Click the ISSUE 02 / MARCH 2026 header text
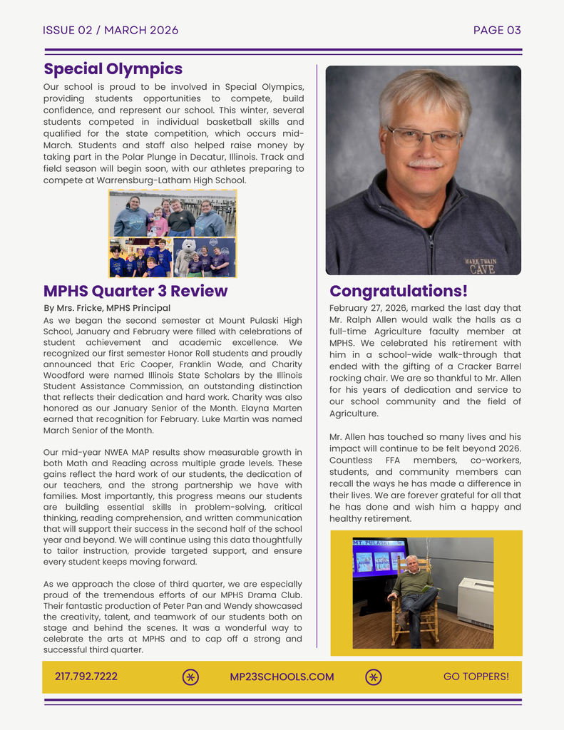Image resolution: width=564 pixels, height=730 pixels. click(111, 30)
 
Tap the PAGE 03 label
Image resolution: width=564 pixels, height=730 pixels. click(497, 30)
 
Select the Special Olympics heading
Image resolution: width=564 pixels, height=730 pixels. click(113, 69)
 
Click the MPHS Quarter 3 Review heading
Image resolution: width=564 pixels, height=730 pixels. click(135, 291)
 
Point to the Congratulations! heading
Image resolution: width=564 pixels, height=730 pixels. click(399, 291)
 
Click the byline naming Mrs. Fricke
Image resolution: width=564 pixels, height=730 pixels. click(107, 308)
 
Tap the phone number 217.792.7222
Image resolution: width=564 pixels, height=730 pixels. click(86, 677)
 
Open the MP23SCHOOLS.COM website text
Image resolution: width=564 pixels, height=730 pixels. click(282, 677)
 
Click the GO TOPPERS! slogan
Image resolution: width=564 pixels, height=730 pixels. click(476, 677)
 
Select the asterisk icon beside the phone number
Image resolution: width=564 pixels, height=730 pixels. click(190, 677)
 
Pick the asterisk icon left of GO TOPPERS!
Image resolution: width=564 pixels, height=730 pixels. click(374, 677)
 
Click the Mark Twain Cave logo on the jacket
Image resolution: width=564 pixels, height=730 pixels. click(482, 266)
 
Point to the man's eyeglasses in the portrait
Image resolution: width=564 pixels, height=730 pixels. click(424, 137)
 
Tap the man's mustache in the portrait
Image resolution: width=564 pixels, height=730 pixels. click(426, 164)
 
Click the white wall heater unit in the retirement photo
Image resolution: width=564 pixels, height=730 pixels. click(475, 602)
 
